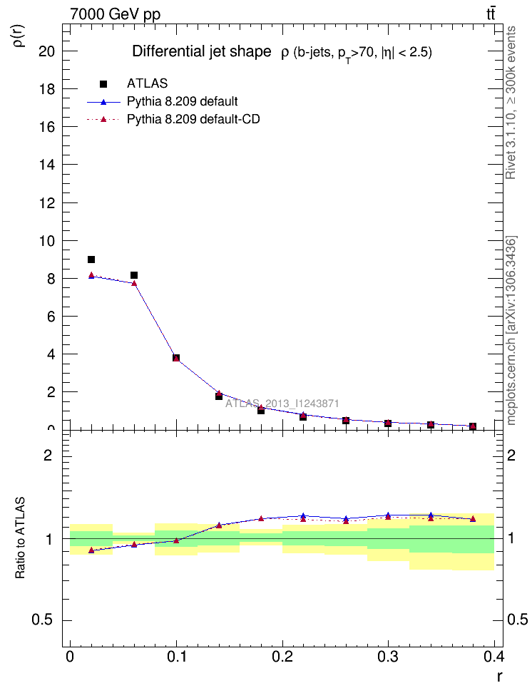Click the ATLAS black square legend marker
(103, 83)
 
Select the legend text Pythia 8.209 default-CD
(193, 119)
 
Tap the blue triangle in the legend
(103, 101)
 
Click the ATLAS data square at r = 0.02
(91, 260)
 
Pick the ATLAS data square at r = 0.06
(134, 275)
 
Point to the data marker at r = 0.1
(176, 358)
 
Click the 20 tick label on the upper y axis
(48, 51)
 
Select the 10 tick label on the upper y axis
(48, 241)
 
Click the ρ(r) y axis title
(19, 34)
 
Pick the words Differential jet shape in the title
(202, 52)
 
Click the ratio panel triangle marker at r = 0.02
(91, 550)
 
